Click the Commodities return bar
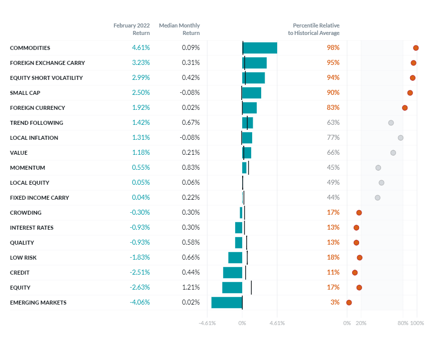[x=260, y=48]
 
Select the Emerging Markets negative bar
[x=227, y=303]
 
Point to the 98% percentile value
[x=333, y=48]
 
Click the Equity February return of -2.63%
[x=140, y=288]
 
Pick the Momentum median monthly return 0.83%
[x=191, y=168]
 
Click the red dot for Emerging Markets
[x=349, y=303]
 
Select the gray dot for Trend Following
[x=391, y=123]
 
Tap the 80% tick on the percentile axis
[x=403, y=323]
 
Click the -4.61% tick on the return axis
[x=207, y=323]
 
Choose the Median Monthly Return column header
[x=179, y=29]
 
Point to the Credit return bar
[x=233, y=273]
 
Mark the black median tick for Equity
[x=251, y=288]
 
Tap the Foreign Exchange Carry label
[x=47, y=63]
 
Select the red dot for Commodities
[x=416, y=48]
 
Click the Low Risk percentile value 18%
[x=333, y=258]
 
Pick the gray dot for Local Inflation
[x=401, y=138]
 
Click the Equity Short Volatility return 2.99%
[x=141, y=78]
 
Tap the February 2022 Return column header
[x=131, y=29]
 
